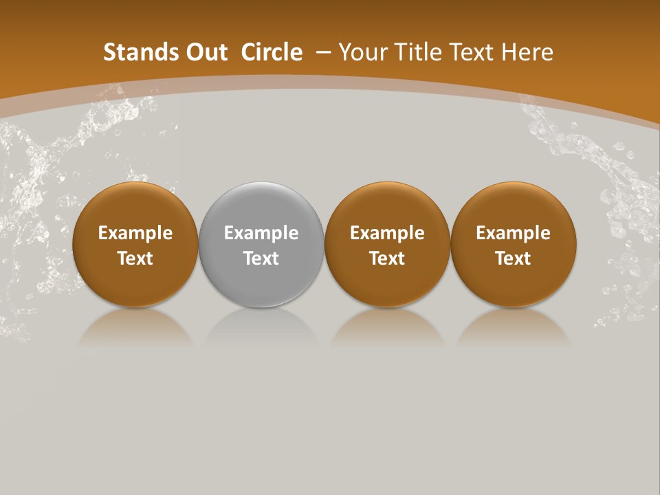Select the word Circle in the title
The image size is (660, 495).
(272, 52)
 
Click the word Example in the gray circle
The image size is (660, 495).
(261, 233)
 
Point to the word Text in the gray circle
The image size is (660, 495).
(261, 258)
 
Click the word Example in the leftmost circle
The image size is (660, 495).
(135, 233)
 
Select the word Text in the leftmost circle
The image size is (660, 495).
(135, 258)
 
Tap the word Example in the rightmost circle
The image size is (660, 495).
(514, 233)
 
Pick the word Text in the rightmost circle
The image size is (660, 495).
(514, 258)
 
